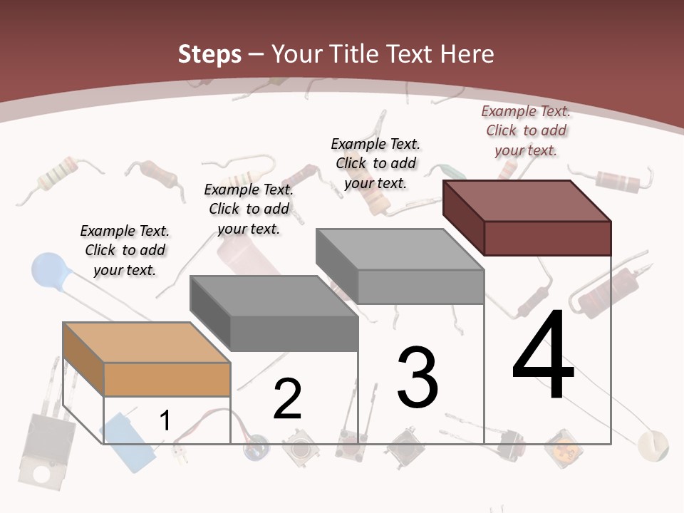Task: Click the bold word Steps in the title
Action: [209, 54]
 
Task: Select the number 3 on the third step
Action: [418, 378]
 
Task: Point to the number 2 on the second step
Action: [288, 399]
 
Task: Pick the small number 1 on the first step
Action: [165, 421]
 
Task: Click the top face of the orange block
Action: [147, 342]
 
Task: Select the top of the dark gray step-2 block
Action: [274, 296]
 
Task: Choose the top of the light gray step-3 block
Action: [400, 249]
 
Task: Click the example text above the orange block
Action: [125, 250]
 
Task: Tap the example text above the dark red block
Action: [526, 130]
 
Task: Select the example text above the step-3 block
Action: [375, 163]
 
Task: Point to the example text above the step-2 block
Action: [249, 209]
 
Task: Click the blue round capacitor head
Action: [48, 269]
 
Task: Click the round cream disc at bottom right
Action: [653, 445]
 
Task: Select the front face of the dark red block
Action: [547, 238]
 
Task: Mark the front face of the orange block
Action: [167, 379]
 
